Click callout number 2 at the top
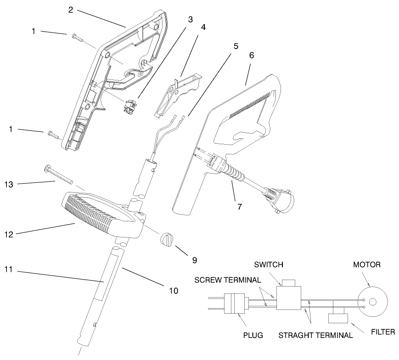(x=71, y=10)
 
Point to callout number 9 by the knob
(x=194, y=260)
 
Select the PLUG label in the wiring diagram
(x=253, y=335)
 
